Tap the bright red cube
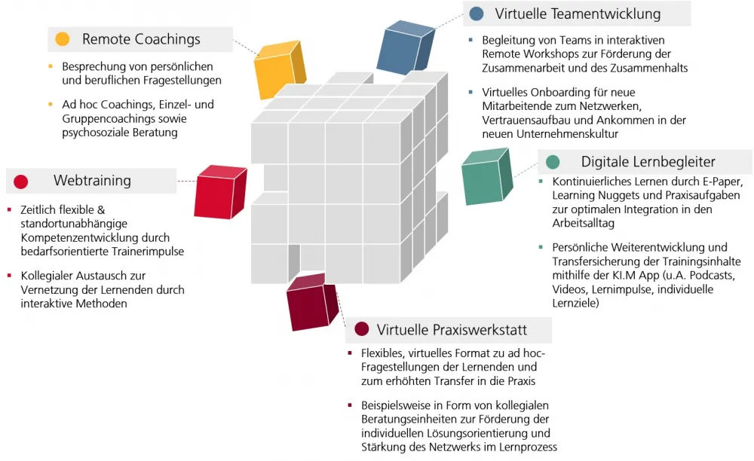(x=219, y=193)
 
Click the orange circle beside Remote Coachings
(x=63, y=39)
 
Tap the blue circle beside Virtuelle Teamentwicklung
(x=476, y=14)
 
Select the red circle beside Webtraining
(x=21, y=181)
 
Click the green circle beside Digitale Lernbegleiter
(x=553, y=161)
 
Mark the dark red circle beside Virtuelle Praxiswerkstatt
(x=361, y=329)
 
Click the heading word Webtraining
(x=92, y=181)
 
